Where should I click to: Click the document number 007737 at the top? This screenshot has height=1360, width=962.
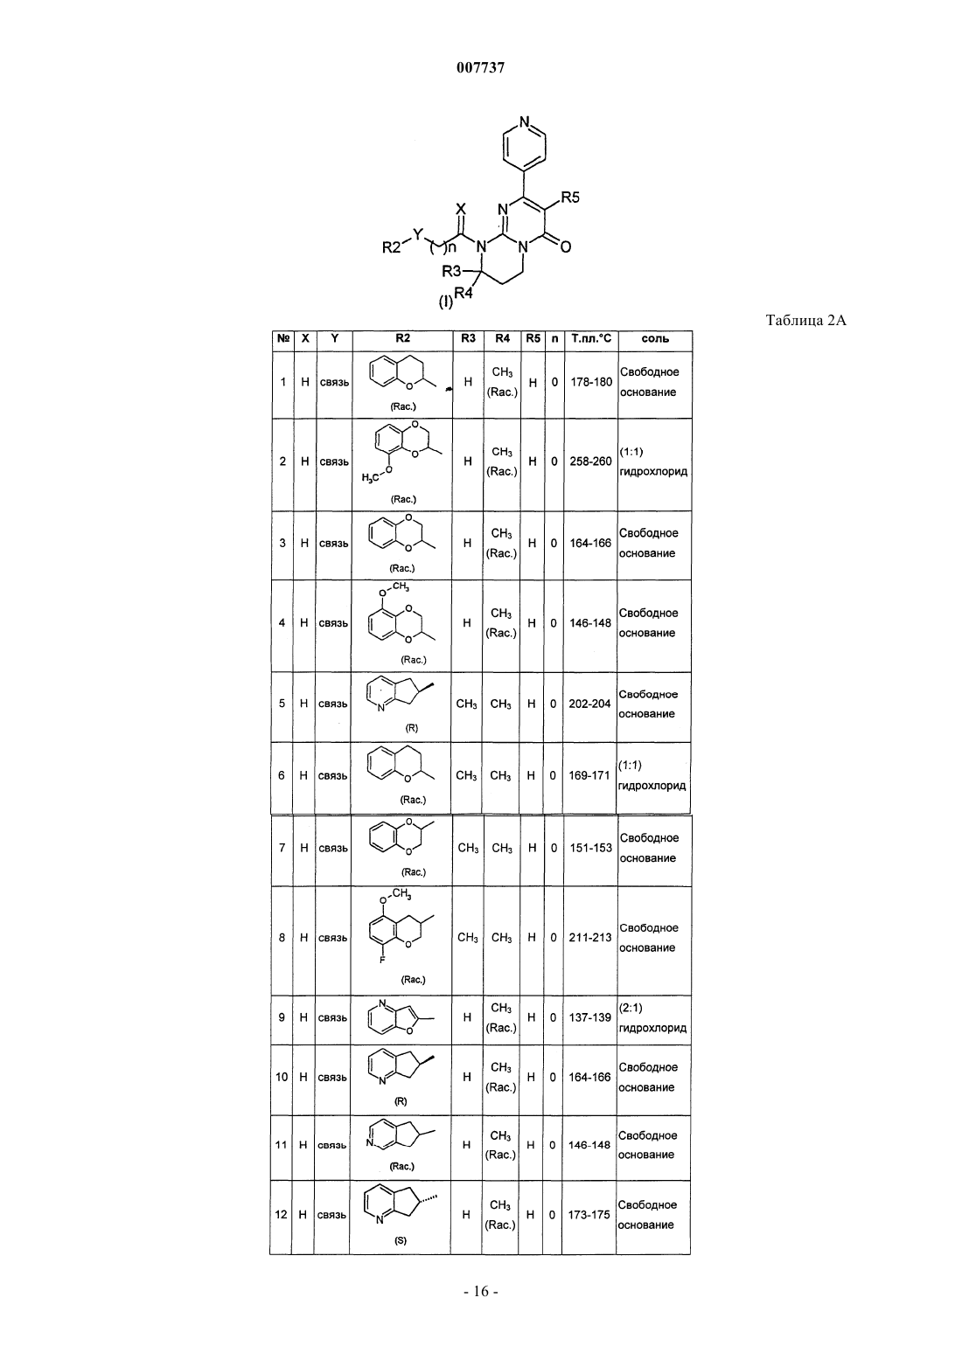[x=480, y=67]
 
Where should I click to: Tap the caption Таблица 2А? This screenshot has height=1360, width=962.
[x=805, y=320]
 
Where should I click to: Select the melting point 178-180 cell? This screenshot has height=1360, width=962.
[x=591, y=382]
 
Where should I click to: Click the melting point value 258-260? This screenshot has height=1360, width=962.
[x=590, y=461]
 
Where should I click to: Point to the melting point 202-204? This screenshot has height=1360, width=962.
[x=589, y=704]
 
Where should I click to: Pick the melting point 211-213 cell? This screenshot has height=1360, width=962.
[x=589, y=938]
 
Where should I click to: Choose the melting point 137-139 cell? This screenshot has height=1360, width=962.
[x=589, y=1017]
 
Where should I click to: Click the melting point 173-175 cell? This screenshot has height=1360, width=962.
[x=589, y=1215]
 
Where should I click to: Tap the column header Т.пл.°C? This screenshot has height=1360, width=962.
[x=591, y=339]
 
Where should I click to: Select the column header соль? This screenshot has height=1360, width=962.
[x=655, y=339]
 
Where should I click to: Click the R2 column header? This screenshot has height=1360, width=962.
[x=402, y=338]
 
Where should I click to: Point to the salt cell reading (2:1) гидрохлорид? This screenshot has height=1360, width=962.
[x=652, y=1017]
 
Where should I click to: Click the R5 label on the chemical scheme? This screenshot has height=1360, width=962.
[x=569, y=198]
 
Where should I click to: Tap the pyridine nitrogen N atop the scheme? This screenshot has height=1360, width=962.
[x=524, y=121]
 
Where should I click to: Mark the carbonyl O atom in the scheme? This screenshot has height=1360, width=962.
[x=566, y=247]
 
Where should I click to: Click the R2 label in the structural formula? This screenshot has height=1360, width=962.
[x=392, y=247]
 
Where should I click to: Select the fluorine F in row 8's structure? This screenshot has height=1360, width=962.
[x=382, y=960]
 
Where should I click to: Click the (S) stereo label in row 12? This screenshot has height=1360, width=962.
[x=401, y=1241]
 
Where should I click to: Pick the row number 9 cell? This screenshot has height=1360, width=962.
[x=282, y=1017]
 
